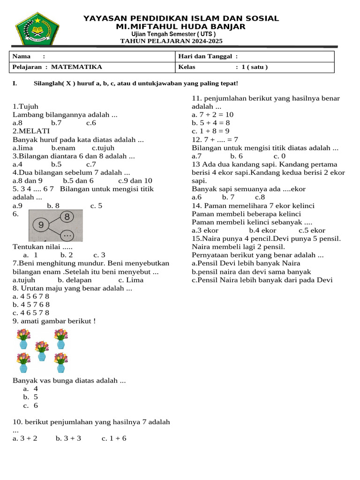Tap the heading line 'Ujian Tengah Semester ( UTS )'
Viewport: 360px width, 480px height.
coord(173,34)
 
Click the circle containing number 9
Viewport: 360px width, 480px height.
coord(41,225)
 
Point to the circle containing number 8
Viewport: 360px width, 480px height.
coord(67,217)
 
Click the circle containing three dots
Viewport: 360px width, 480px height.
coord(67,234)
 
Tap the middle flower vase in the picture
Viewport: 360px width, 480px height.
coord(42,351)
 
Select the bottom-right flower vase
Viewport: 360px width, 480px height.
coord(60,362)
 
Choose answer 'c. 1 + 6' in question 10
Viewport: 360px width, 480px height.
coord(114,438)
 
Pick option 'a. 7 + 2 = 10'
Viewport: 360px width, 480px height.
coord(212,115)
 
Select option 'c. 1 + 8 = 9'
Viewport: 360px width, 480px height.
coord(210,131)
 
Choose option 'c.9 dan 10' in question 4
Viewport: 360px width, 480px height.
coord(135,181)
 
